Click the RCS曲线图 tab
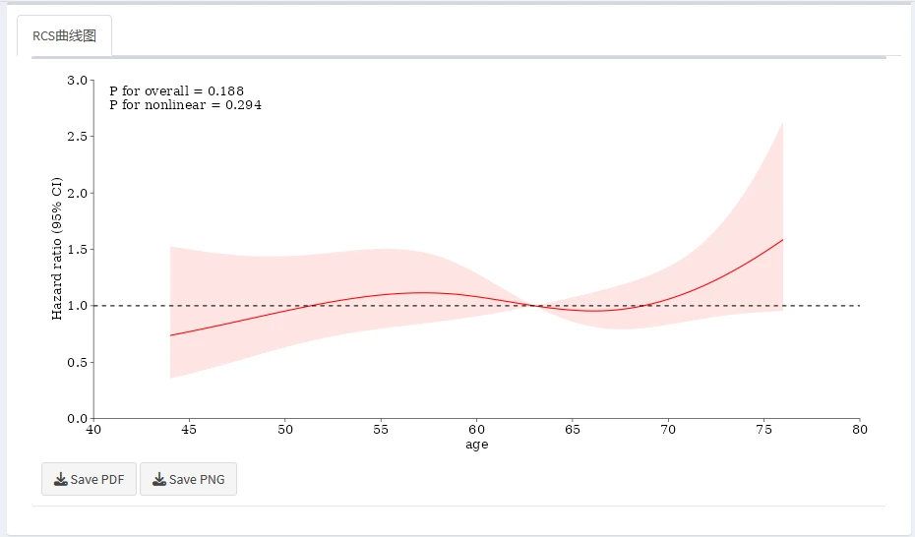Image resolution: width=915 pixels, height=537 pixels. pos(64,35)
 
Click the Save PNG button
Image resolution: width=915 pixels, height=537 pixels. pos(188,480)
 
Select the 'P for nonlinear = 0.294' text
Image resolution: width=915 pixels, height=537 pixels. pos(185,104)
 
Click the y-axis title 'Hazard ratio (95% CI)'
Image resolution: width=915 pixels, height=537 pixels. pos(57,249)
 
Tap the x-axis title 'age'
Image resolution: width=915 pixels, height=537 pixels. pos(476,445)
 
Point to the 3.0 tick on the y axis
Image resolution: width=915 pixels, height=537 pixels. pos(77,80)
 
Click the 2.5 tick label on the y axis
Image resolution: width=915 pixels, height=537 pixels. pos(77,137)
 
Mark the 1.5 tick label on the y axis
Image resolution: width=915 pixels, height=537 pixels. pos(77,250)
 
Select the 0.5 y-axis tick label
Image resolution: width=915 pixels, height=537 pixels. pos(77,363)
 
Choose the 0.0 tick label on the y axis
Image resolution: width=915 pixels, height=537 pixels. pos(77,419)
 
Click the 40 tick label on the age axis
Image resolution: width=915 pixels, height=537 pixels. pos(93,430)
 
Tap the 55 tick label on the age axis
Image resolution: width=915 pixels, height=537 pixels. pos(381,430)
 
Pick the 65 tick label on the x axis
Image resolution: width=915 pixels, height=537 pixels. pos(573,430)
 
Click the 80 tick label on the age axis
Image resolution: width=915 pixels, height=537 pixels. pos(860,430)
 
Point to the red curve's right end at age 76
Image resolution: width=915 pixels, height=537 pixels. pos(783,239)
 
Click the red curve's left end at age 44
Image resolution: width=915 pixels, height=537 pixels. pos(170,335)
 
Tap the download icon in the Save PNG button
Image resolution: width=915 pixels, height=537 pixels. pos(159,480)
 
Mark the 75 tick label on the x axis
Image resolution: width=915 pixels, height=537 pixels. pos(764,430)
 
